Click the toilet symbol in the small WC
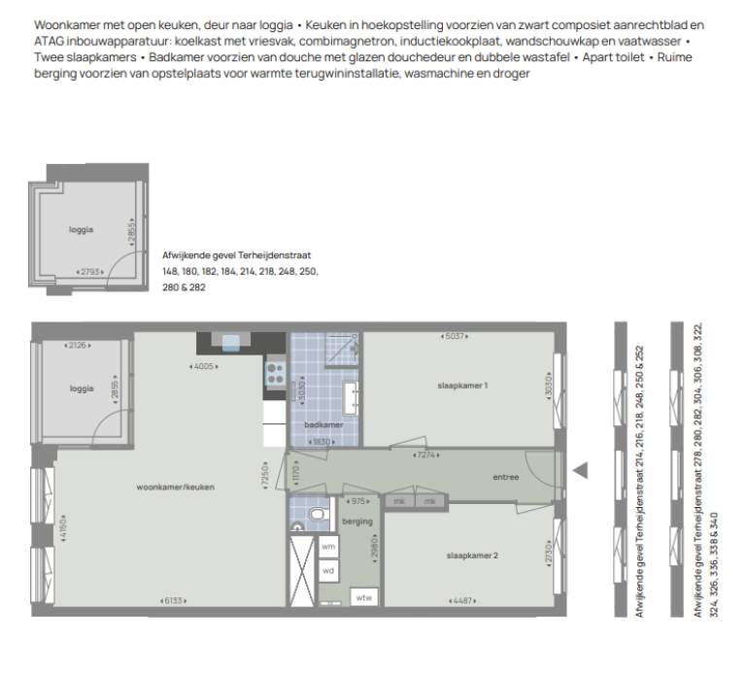pos(316,514)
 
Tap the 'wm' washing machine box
pos(328,547)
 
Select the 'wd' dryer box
pos(328,571)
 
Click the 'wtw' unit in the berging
pos(364,597)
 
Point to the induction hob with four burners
pos(276,373)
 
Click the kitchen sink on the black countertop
pos(231,343)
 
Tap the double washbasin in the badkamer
pos(351,397)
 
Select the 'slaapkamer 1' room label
pos(462,386)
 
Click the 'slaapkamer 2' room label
pos(472,556)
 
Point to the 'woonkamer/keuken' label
pos(176,488)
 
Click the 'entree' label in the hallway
pos(506,477)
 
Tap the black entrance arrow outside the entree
pos(580,470)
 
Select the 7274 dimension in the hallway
pos(425,455)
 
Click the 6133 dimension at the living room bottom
pos(173,601)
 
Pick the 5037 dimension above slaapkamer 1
pos(455,336)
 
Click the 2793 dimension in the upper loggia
pos(90,272)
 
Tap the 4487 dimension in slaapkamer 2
pos(462,601)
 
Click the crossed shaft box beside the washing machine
pos(302,571)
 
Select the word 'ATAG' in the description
pos(49,42)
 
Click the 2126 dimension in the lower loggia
pos(78,346)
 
